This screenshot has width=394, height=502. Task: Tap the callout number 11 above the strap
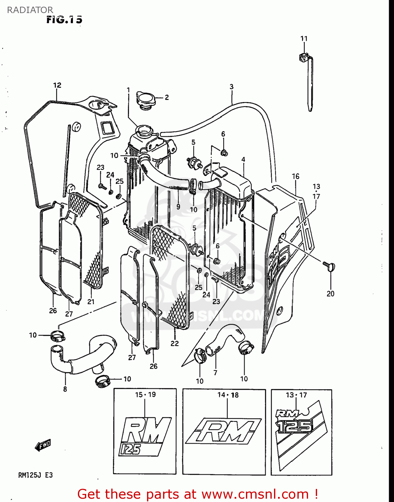coord(304,38)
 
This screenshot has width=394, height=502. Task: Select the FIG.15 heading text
coord(64,20)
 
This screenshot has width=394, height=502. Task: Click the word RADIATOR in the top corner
coord(30,10)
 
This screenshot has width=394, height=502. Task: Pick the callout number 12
coord(57,85)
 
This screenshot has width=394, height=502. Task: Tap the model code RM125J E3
coord(35,475)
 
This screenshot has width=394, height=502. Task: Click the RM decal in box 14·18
coord(223,431)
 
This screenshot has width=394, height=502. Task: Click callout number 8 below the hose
coord(65,389)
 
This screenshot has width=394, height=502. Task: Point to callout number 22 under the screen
coord(174,343)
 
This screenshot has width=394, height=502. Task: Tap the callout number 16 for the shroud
coord(295,176)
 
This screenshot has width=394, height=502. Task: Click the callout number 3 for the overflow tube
coord(231,87)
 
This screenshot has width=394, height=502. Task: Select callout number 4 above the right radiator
coord(243,160)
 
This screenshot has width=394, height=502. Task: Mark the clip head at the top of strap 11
coord(303,58)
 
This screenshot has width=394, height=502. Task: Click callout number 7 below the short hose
coord(215,372)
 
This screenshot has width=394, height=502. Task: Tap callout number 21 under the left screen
coord(91,302)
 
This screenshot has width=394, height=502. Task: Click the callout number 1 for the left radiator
coord(128,90)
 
